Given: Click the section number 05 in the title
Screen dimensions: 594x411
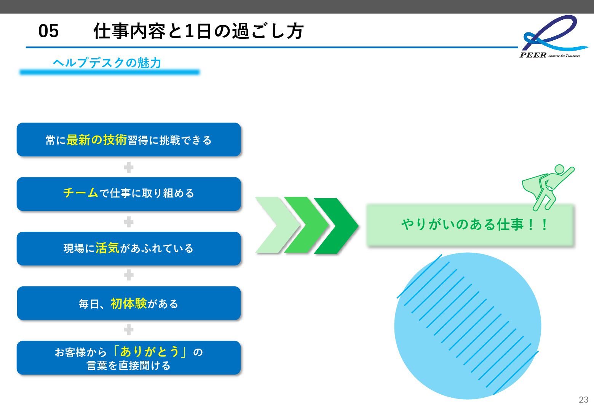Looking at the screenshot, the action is pyautogui.click(x=48, y=31).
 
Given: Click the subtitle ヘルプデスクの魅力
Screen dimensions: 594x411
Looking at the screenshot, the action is pyautogui.click(x=107, y=62).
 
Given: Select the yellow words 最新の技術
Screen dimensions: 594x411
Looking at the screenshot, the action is pyautogui.click(x=96, y=140).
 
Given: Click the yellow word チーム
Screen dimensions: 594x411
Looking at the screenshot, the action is pyautogui.click(x=81, y=193).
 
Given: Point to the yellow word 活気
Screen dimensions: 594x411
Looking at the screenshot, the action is pyautogui.click(x=107, y=248).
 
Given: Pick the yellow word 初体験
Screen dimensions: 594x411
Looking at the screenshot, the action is pyautogui.click(x=129, y=303).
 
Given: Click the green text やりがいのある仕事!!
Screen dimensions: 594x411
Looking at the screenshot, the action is pyautogui.click(x=474, y=225).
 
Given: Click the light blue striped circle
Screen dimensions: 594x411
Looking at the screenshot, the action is pyautogui.click(x=468, y=326).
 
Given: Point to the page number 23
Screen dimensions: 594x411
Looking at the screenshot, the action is pyautogui.click(x=583, y=400).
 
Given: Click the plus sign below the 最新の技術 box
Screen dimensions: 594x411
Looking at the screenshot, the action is pyautogui.click(x=129, y=167).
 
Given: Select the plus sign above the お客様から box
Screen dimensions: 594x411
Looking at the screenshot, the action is pyautogui.click(x=129, y=330).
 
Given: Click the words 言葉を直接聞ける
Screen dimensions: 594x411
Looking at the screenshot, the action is pyautogui.click(x=129, y=365).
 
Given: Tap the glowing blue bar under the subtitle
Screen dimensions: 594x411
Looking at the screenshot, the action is pyautogui.click(x=110, y=72).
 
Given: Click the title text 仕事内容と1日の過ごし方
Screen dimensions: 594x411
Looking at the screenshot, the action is pyautogui.click(x=198, y=31).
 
